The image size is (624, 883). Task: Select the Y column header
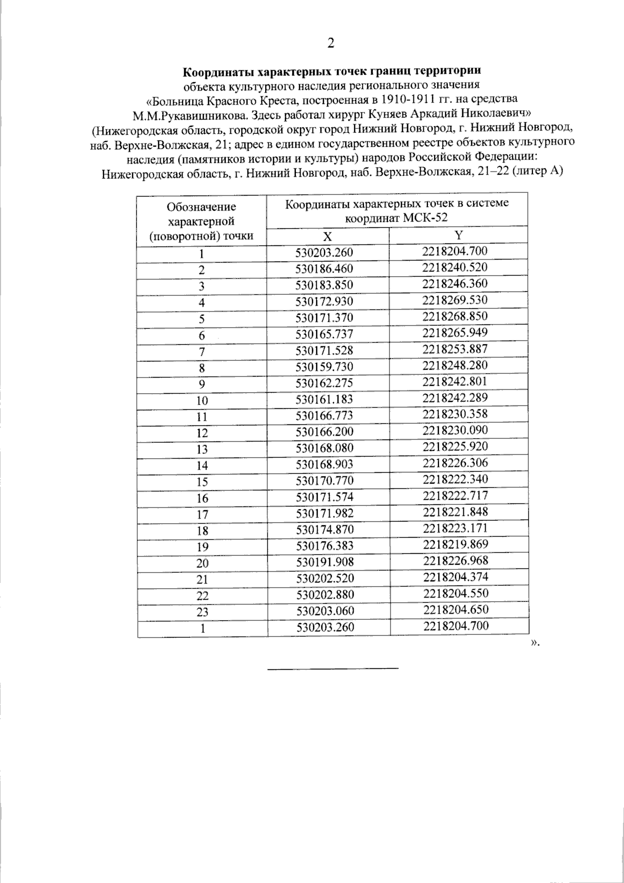[x=458, y=235]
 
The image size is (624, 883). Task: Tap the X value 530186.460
[x=324, y=269]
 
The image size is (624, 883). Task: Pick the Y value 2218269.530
[x=455, y=300]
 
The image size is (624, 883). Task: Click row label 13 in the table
[x=202, y=449]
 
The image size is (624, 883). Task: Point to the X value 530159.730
[x=324, y=367]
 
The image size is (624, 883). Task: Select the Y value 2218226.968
[x=456, y=561]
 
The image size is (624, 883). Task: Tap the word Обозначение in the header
[x=201, y=206]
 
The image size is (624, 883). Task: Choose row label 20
[x=202, y=563]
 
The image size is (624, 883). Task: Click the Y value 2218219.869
[x=456, y=544]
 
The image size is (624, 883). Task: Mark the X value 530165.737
[x=324, y=334]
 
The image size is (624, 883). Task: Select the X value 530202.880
[x=324, y=594]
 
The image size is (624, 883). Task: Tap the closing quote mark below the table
[x=534, y=644]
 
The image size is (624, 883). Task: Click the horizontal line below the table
[x=332, y=668]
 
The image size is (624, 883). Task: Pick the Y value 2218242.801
[x=455, y=381]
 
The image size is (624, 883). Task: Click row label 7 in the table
[x=202, y=352]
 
